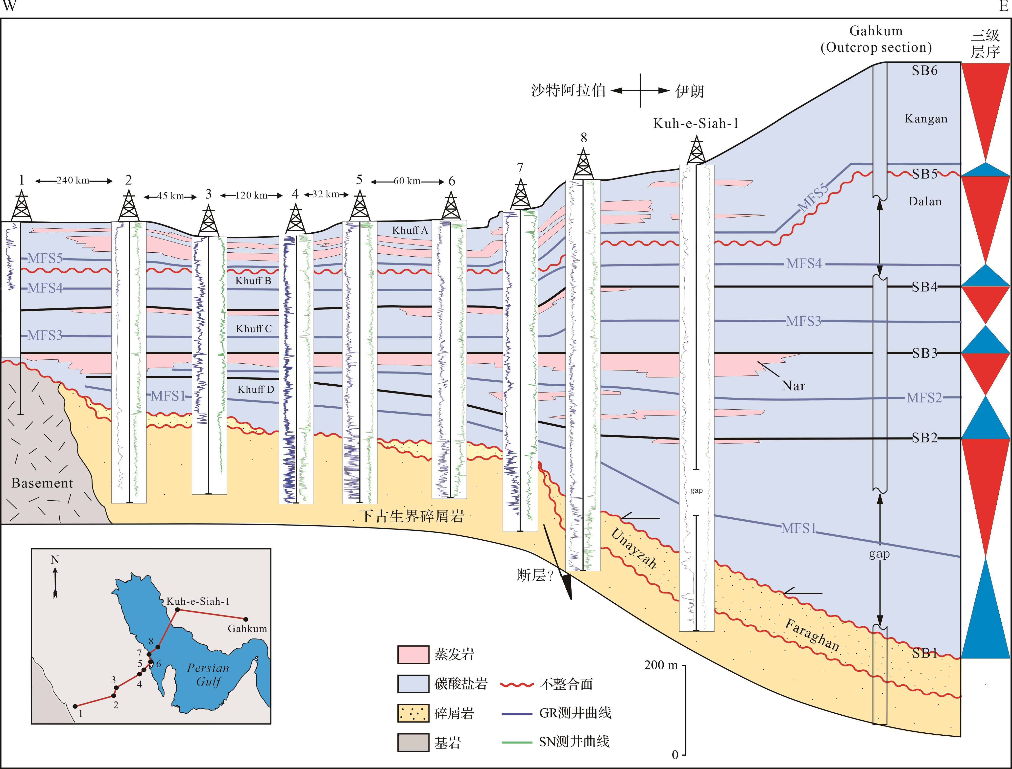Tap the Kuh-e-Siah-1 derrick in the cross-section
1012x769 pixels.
point(696,150)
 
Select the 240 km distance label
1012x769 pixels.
point(73,180)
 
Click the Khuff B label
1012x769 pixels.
point(253,281)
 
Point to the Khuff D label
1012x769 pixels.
point(256,390)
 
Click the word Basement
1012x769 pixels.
point(42,483)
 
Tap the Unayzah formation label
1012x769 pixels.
point(634,548)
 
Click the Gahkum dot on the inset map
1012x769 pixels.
point(246,619)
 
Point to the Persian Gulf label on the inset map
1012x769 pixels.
point(208,675)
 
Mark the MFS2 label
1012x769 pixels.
point(924,398)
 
